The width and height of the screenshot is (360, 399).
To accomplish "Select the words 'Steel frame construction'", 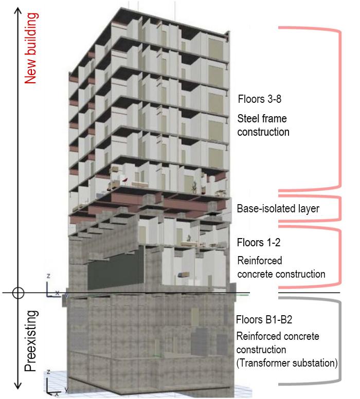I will point(263,125).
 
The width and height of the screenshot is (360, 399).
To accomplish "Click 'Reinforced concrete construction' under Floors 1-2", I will point(281,267).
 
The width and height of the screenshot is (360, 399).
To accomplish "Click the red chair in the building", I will point(125,180).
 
